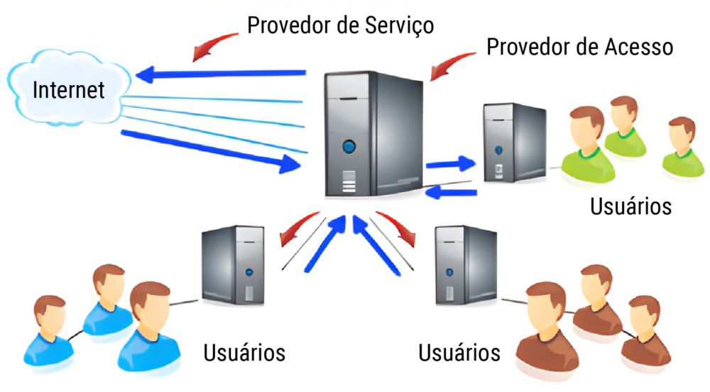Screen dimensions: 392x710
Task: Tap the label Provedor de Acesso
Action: click(579, 47)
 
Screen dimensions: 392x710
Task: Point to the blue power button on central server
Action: click(349, 147)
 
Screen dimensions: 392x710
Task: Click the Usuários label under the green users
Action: click(630, 207)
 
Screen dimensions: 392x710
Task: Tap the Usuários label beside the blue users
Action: click(244, 352)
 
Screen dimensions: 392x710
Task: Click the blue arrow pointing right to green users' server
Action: click(450, 164)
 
